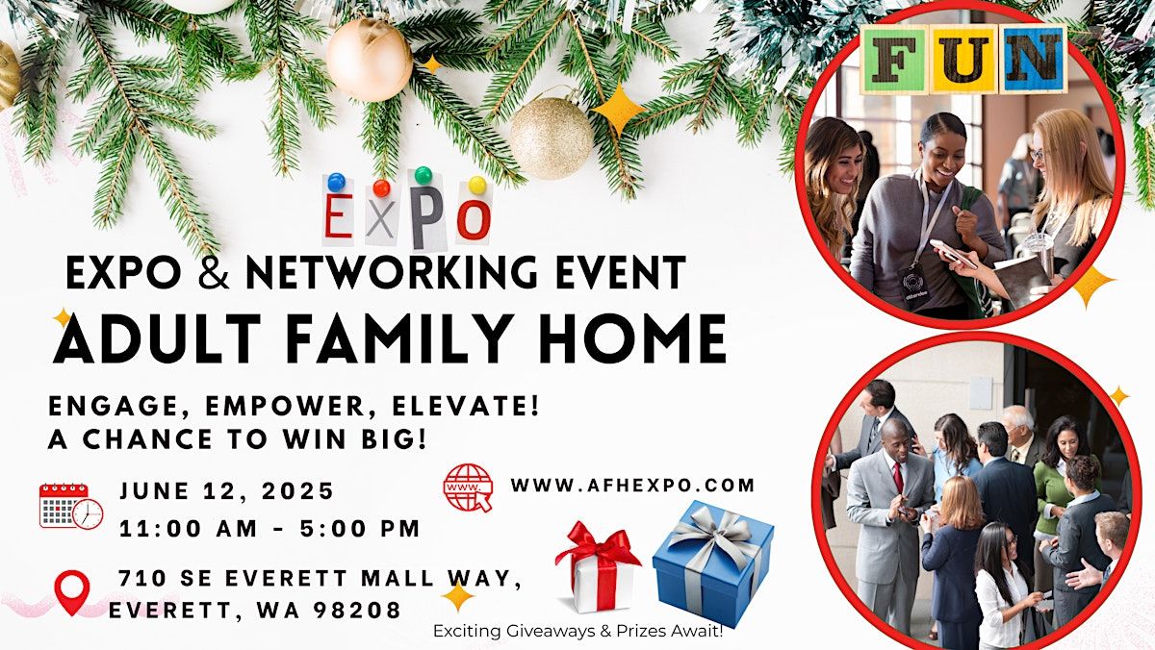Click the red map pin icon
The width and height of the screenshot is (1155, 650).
pyautogui.click(x=72, y=591)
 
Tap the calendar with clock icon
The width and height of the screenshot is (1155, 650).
pyautogui.click(x=71, y=507)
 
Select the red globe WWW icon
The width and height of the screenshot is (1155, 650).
pyautogui.click(x=468, y=487)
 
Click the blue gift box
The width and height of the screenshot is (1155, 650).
pyautogui.click(x=713, y=562)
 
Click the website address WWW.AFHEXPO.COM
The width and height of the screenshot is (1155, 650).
pyautogui.click(x=632, y=486)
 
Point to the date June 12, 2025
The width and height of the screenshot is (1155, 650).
pyautogui.click(x=227, y=490)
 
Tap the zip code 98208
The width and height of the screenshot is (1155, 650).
pyautogui.click(x=357, y=611)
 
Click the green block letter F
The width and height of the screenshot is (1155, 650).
pyautogui.click(x=894, y=60)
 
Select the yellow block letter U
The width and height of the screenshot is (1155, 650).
pyautogui.click(x=963, y=60)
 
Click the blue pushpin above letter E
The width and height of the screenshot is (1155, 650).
pyautogui.click(x=336, y=182)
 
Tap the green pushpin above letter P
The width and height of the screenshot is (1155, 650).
pyautogui.click(x=423, y=175)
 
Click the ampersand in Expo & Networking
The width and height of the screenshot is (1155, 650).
pyautogui.click(x=213, y=272)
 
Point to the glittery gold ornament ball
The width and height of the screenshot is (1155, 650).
pyautogui.click(x=552, y=138)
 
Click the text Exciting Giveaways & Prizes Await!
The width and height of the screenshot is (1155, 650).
pyautogui.click(x=578, y=632)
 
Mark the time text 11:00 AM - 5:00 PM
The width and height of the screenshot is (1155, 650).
pyautogui.click(x=269, y=529)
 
